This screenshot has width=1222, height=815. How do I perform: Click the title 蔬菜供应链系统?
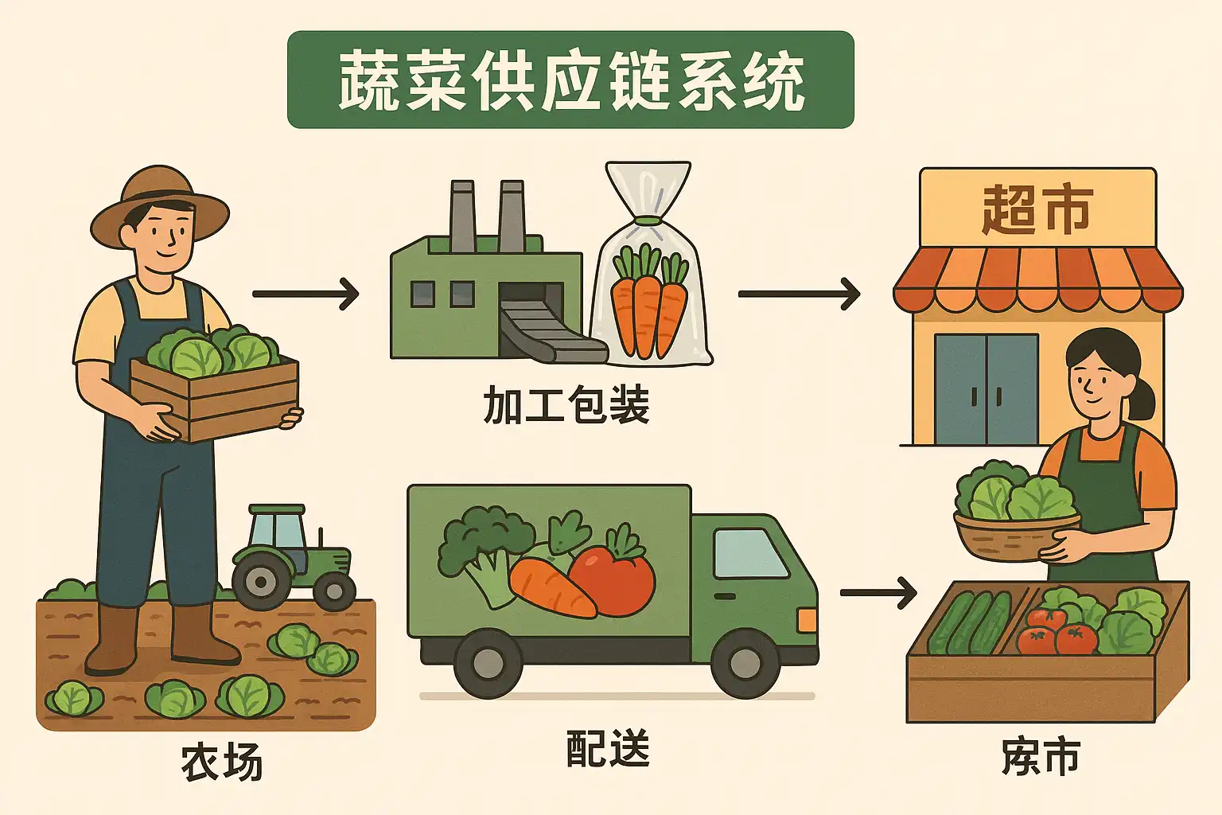click(x=570, y=80)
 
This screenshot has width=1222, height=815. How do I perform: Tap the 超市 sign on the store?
click(x=1037, y=209)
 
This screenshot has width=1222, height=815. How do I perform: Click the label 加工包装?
click(x=566, y=405)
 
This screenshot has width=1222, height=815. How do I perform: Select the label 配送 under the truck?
click(x=608, y=749)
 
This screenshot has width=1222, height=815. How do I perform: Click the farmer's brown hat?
click(x=160, y=203)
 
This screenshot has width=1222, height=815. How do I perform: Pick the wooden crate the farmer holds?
click(x=215, y=398)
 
